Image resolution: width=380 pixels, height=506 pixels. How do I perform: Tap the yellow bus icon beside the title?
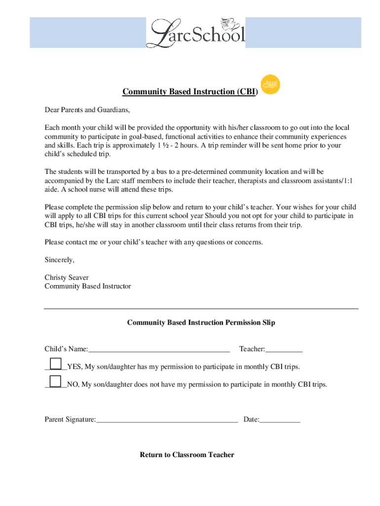pos(270,84)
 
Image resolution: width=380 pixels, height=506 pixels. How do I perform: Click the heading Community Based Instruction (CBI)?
pos(190,92)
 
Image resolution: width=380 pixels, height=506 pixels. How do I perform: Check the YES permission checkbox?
pos(56,363)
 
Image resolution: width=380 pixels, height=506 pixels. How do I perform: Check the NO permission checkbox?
pos(56,381)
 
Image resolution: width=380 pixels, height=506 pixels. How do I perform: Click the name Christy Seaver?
pos(67,278)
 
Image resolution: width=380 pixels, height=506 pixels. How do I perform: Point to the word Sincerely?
pos(59,260)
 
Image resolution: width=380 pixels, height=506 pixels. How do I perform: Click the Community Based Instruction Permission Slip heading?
pos(201,323)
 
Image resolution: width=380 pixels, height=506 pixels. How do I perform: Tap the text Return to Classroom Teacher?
pos(187,455)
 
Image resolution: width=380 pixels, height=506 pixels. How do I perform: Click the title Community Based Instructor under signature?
pos(88,286)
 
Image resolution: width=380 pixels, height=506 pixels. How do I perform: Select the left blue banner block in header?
pos(88,33)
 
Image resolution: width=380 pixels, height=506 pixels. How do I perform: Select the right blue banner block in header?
pos(303,33)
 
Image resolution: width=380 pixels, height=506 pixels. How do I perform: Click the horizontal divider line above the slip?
pos(201,309)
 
